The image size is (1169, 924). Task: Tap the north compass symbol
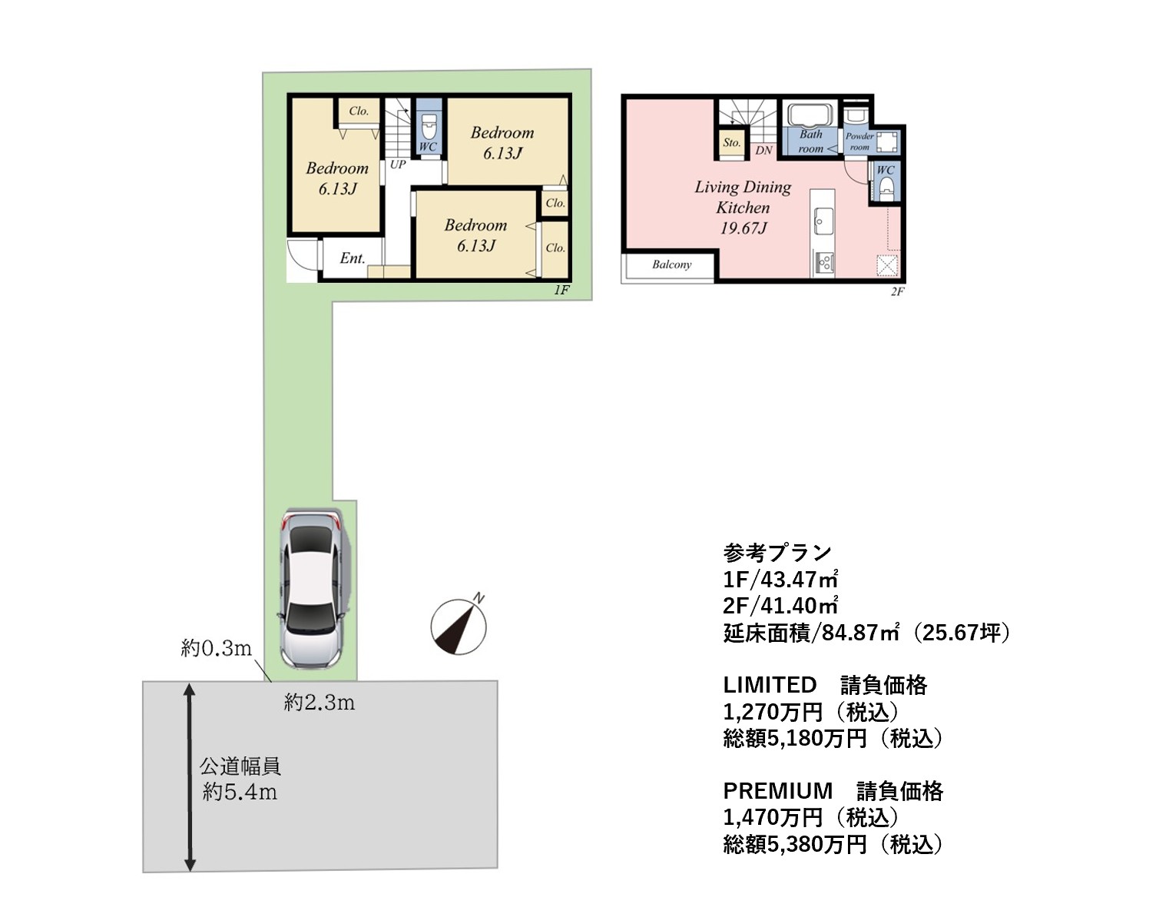[459, 626]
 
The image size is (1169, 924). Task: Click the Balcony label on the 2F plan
[671, 265]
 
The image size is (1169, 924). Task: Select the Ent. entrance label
[352, 258]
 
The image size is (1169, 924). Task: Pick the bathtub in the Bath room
[810, 115]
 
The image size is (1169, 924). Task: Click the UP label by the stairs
[398, 165]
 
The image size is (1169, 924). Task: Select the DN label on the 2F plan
[763, 151]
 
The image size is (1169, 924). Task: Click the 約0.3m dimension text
[216, 648]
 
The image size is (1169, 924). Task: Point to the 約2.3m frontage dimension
[320, 703]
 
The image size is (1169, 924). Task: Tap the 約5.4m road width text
[240, 792]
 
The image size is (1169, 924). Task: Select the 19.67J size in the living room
[743, 228]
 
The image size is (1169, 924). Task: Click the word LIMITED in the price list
[770, 685]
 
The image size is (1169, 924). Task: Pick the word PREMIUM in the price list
[778, 791]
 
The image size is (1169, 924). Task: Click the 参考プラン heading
[777, 553]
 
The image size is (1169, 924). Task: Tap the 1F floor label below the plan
[561, 290]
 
